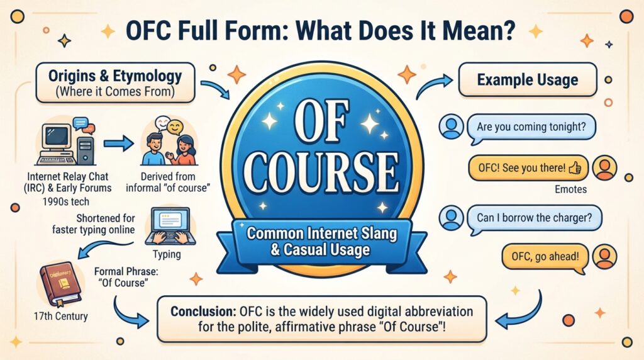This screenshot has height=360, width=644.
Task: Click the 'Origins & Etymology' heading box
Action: pos(116,82)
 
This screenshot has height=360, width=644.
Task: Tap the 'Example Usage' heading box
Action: pos(528,80)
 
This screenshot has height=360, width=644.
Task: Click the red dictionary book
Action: pos(60,284)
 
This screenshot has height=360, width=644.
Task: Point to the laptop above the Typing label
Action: pos(170,227)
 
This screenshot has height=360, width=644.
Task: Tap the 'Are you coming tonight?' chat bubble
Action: pos(531,127)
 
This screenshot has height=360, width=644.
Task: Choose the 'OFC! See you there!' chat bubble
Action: pos(528,167)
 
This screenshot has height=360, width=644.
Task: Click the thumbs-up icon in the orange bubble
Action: pos(575,167)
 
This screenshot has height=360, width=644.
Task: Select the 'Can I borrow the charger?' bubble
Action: pos(535,218)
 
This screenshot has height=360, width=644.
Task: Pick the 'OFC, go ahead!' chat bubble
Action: pos(545,257)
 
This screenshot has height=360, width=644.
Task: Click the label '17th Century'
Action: pos(61,316)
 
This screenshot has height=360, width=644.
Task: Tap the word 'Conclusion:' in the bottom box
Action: pos(203,311)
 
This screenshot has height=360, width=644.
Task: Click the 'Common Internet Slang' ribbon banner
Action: pos(322,242)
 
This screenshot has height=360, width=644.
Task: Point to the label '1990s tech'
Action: pos(65,201)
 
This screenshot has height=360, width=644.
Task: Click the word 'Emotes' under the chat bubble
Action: pos(570,189)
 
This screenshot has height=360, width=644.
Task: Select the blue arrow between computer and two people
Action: pos(119,143)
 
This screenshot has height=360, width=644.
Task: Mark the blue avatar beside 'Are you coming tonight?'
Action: pos(451,127)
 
